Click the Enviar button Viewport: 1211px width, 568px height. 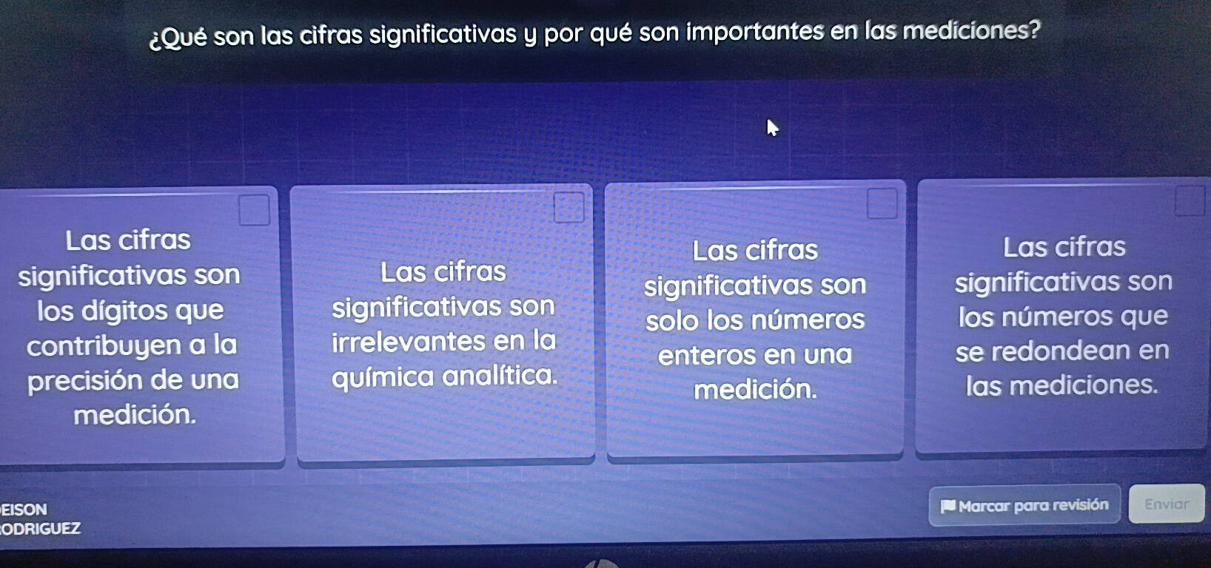pos(1167,503)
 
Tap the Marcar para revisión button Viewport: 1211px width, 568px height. pos(1024,505)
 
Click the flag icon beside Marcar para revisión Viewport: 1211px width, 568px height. pos(947,506)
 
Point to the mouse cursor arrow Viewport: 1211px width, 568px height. pos(773,127)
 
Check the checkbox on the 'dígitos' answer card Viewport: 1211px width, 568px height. pos(254,209)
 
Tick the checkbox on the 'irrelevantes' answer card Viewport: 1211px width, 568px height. pos(568,207)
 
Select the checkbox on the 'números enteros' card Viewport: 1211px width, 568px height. pos(882,203)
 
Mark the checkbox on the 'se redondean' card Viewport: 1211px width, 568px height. pos(1190,200)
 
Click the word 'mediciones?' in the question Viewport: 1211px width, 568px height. pos(971,30)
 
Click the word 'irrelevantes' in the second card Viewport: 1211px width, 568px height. pos(409,342)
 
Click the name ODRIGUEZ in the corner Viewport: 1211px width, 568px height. pos(41,528)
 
